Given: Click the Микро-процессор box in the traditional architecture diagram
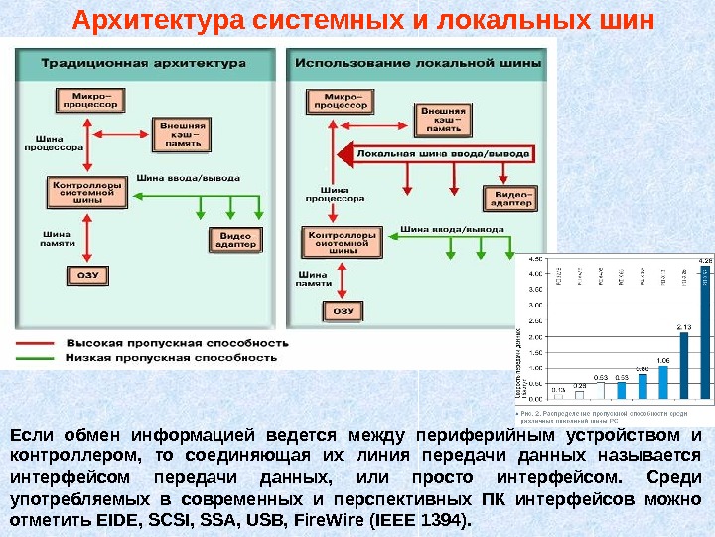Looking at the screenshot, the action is tap(88, 98).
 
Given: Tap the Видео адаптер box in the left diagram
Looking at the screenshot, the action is tap(234, 239).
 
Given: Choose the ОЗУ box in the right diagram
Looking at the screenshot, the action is tap(343, 310).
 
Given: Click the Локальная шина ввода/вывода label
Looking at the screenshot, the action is tap(443, 154).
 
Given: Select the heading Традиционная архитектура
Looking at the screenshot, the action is tap(143, 63).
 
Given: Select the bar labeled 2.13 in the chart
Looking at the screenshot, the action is tap(684, 364).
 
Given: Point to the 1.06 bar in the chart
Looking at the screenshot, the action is tap(663, 382).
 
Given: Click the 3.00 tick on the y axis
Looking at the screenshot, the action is tap(534, 305).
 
